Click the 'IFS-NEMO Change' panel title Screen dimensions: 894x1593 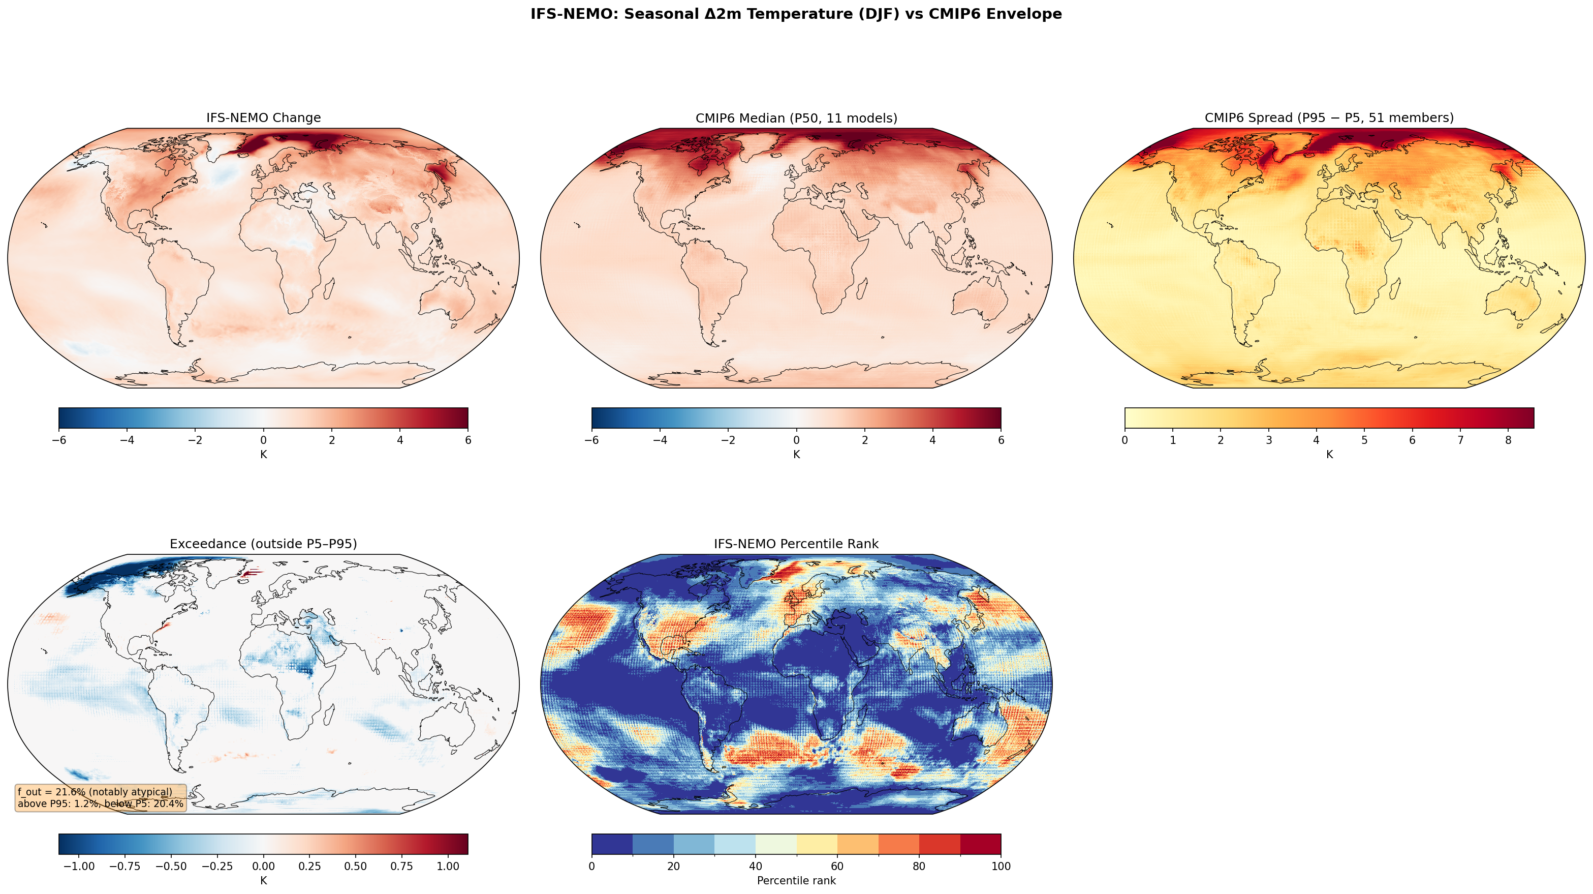point(263,117)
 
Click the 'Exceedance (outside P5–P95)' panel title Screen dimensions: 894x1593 point(263,544)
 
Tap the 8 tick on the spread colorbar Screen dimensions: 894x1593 point(1508,440)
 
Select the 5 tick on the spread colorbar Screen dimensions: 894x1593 point(1364,440)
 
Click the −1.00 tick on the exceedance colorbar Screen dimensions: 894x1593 point(79,867)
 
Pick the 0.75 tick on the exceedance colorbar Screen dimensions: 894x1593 point(401,867)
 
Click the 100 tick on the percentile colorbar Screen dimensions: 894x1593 point(1001,867)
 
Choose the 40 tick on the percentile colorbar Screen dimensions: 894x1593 point(755,867)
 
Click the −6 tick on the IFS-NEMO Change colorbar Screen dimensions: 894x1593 point(59,440)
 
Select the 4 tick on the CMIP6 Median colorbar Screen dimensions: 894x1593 point(932,440)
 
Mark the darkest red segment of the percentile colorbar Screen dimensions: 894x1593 point(980,844)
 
